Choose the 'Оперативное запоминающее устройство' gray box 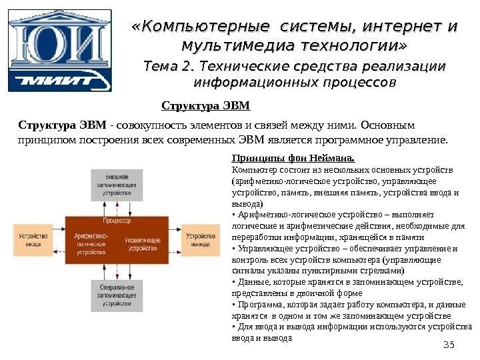click(116, 294)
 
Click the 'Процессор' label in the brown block click(117, 220)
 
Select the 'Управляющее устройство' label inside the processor click(141, 243)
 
